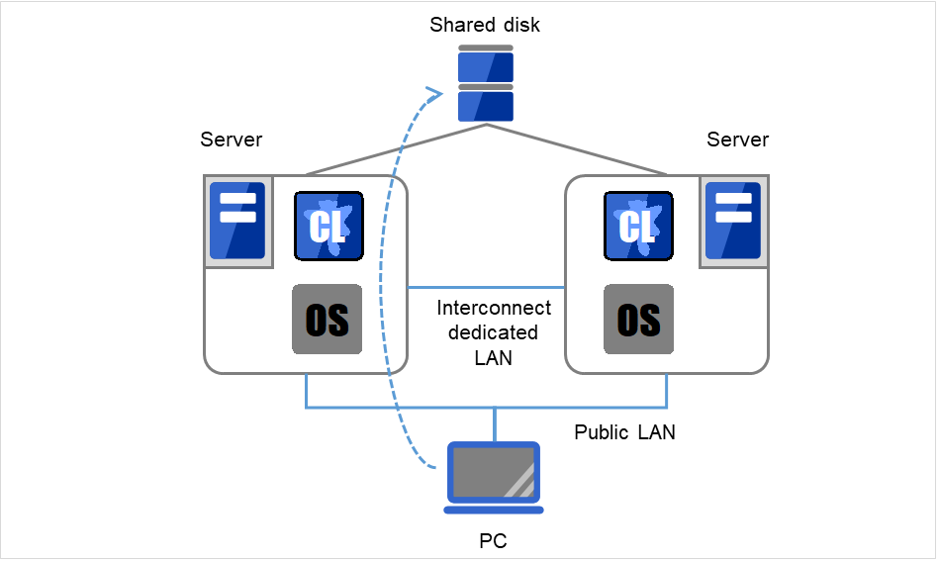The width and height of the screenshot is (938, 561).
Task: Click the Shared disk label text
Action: click(x=485, y=25)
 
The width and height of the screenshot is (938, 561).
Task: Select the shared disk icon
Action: click(x=486, y=84)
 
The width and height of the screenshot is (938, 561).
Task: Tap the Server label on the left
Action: click(x=232, y=140)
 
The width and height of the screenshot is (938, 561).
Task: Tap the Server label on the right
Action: click(x=737, y=140)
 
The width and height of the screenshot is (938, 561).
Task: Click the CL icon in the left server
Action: click(x=328, y=226)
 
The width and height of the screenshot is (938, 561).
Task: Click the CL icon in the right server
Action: click(x=638, y=226)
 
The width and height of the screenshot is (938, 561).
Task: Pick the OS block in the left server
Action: click(x=327, y=320)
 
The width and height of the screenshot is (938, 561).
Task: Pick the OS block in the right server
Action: click(x=638, y=320)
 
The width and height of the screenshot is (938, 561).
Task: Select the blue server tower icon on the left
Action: click(x=237, y=221)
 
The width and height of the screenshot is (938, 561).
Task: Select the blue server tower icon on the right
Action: click(x=733, y=221)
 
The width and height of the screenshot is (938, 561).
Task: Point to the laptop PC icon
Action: click(x=494, y=477)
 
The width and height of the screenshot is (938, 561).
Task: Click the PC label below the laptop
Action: click(x=494, y=541)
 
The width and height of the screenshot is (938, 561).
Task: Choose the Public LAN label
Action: click(x=624, y=432)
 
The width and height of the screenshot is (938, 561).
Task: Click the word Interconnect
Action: click(x=494, y=308)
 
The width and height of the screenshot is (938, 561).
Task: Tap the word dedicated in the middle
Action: click(x=494, y=332)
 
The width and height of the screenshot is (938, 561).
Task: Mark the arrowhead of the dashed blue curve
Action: click(x=433, y=94)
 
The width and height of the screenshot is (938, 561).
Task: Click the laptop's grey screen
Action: click(x=494, y=471)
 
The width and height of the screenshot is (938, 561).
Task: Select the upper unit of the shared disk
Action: click(x=486, y=64)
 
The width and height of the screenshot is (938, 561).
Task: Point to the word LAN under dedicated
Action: click(x=494, y=357)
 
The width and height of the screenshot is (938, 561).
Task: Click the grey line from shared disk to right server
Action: click(x=579, y=150)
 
